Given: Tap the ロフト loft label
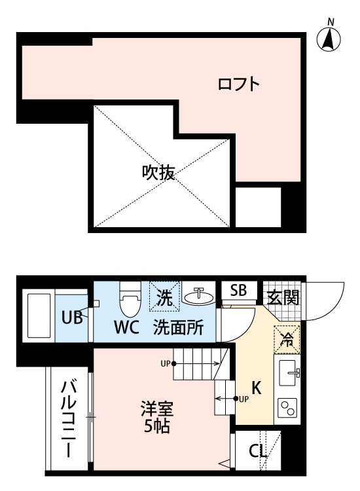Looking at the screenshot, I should coord(240,84).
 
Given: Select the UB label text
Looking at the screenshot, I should coord(71,319).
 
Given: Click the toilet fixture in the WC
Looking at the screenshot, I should coord(128,300).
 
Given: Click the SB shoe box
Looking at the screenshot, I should coord(238,291).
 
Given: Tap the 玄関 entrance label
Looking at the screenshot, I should coord(283,297).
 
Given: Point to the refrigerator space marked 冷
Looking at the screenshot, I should coord(287,339).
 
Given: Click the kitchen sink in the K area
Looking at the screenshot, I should coord(287,375).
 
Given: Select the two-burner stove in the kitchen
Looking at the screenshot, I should coord(287,408).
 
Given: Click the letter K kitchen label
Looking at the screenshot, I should coord(257,388).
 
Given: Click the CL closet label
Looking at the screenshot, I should coord(257,451).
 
